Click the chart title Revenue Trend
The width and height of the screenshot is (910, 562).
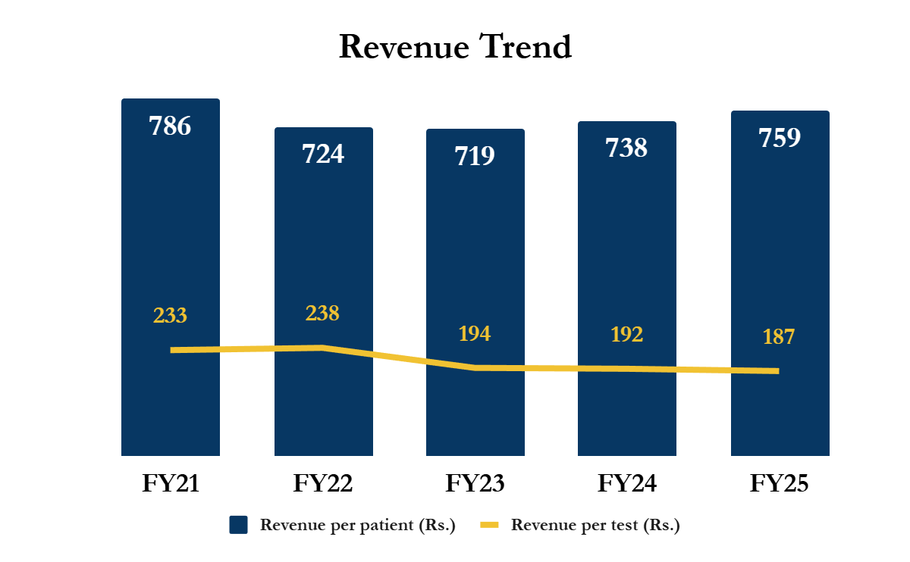(x=455, y=47)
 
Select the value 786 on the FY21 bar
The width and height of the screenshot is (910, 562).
(x=170, y=126)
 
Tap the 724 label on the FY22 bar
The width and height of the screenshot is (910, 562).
(x=323, y=154)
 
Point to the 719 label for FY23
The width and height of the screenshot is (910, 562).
(x=475, y=156)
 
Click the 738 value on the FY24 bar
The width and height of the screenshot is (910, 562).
(x=626, y=148)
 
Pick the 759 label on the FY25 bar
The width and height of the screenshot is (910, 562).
(x=780, y=139)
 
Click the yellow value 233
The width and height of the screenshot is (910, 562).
(x=170, y=316)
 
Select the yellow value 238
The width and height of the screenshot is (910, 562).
(x=322, y=314)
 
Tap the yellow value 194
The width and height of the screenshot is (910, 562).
(x=474, y=333)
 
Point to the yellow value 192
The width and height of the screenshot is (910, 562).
(x=626, y=335)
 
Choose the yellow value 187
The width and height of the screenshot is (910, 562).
(x=779, y=337)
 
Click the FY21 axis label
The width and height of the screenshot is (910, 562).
(x=171, y=483)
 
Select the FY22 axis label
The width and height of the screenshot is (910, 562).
(x=323, y=483)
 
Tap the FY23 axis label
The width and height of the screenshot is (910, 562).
(x=475, y=483)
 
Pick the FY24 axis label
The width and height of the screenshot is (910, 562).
(x=627, y=483)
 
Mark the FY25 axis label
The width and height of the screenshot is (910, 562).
(x=780, y=483)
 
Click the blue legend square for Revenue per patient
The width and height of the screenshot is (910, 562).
(x=239, y=525)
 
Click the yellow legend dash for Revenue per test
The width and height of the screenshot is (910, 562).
(x=490, y=525)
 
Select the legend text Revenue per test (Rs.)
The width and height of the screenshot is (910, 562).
(x=595, y=525)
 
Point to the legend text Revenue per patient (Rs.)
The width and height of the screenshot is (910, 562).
(x=357, y=525)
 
